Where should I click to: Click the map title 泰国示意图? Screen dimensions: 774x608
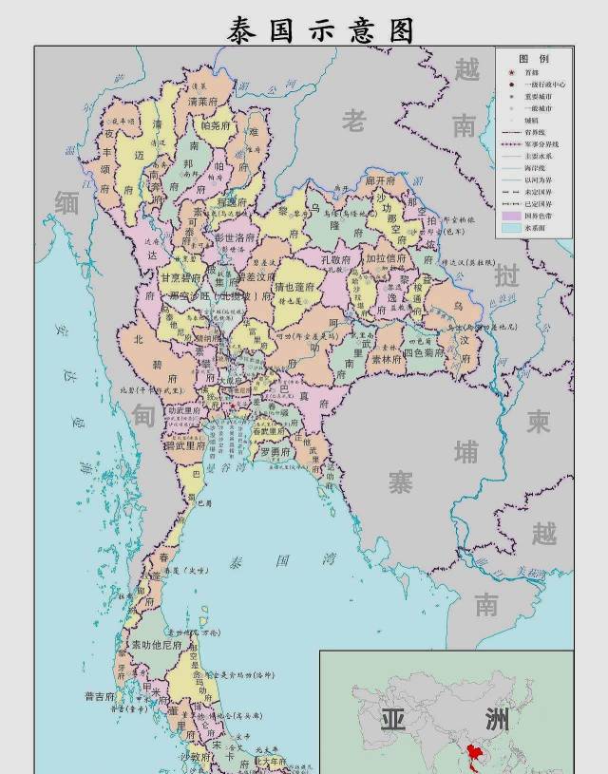321,29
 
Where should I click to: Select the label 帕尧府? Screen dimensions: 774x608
215,125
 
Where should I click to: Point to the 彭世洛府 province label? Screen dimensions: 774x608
235,236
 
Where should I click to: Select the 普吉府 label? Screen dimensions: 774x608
100,696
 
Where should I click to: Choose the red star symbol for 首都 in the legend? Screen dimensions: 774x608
510,73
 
